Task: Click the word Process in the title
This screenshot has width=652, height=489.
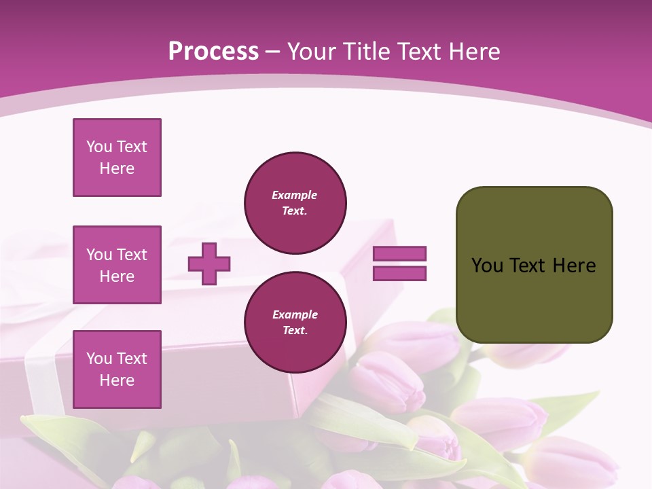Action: point(213,52)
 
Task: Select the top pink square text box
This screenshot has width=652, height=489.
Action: point(117,158)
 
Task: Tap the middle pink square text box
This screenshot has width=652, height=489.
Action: point(117,265)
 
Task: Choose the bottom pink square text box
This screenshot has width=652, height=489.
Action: point(117,369)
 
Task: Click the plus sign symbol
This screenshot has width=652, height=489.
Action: point(209,264)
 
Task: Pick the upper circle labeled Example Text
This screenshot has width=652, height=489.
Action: point(295,202)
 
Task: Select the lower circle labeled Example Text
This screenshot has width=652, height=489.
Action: point(295,322)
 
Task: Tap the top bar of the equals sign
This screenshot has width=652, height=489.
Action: point(399,253)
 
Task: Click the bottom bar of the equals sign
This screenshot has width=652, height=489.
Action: point(399,273)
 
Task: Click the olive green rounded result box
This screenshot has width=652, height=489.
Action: point(534,299)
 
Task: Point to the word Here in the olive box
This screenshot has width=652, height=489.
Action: point(574,265)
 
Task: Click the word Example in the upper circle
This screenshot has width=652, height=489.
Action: point(295,195)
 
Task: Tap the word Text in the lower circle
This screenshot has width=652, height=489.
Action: point(295,331)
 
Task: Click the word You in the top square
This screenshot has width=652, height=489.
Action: point(99,147)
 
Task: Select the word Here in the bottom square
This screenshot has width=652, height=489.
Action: point(117,380)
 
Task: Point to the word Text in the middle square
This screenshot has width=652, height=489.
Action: point(131,255)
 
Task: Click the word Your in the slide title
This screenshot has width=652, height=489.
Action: point(310,52)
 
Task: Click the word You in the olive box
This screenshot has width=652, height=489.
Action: point(487,265)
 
